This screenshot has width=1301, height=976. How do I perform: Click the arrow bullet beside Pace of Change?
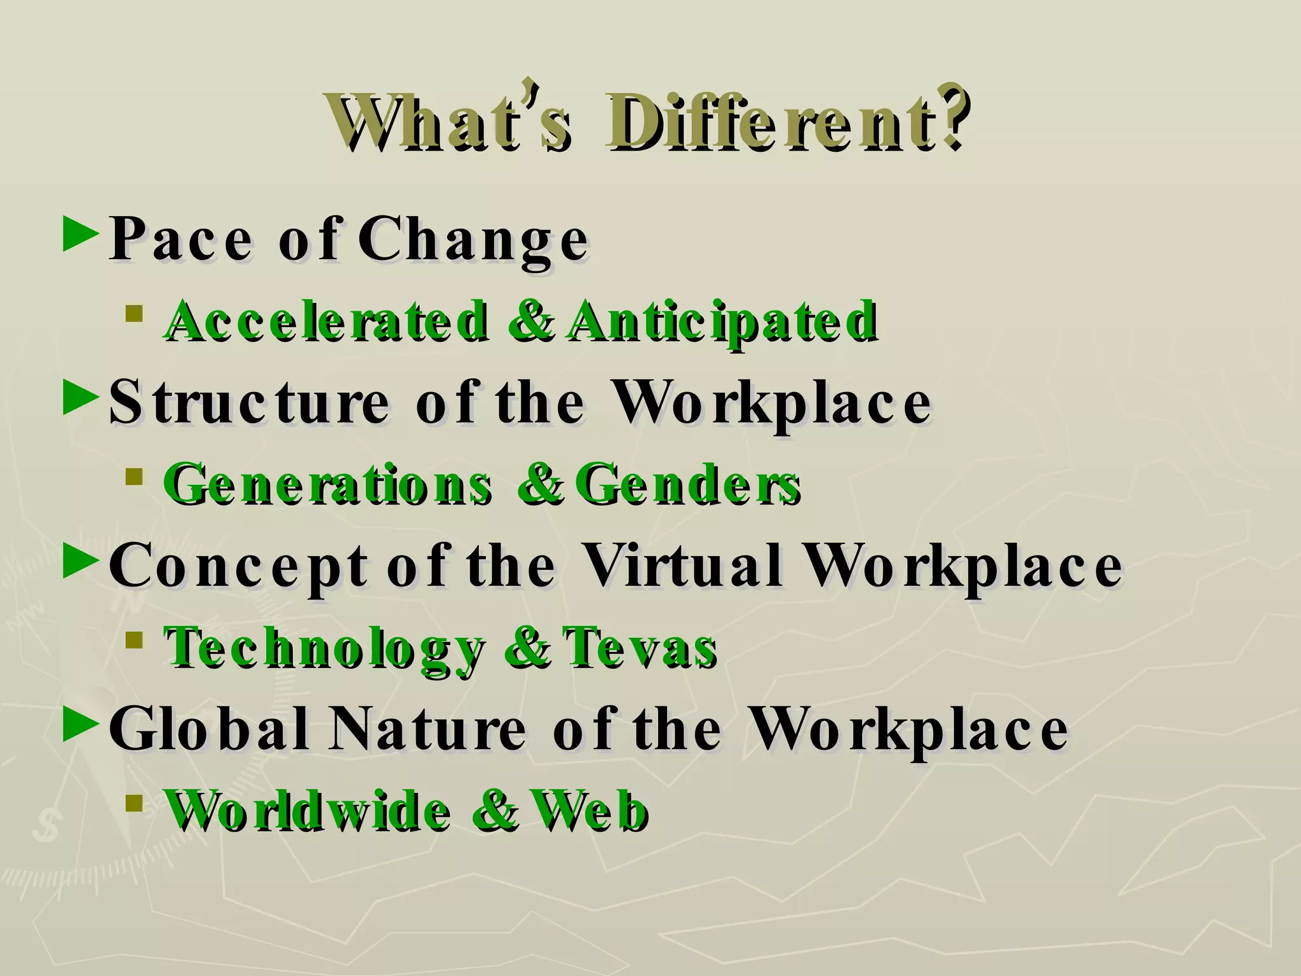pyautogui.click(x=81, y=236)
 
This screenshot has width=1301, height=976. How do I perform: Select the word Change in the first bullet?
pyautogui.click(x=473, y=240)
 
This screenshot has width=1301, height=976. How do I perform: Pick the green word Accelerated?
pyautogui.click(x=327, y=321)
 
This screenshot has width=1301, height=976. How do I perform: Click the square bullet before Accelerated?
pyautogui.click(x=133, y=313)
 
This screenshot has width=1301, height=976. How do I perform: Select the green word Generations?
pyautogui.click(x=327, y=485)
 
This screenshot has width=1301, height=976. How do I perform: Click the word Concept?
pyautogui.click(x=238, y=566)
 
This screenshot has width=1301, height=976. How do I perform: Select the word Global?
pyautogui.click(x=210, y=728)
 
